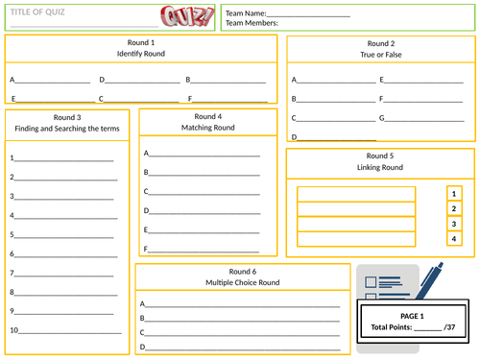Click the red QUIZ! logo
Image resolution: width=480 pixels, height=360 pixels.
click(x=187, y=16)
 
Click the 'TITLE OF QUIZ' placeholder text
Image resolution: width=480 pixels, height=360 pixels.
click(x=37, y=12)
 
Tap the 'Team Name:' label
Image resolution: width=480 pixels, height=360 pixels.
click(x=246, y=13)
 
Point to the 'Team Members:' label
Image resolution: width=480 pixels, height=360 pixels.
click(x=252, y=23)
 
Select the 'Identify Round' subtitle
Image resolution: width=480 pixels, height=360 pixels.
click(x=141, y=54)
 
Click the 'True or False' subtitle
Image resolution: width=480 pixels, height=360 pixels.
click(x=381, y=55)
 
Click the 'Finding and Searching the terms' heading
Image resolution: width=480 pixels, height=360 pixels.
click(x=67, y=129)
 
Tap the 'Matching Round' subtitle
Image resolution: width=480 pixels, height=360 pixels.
click(x=208, y=128)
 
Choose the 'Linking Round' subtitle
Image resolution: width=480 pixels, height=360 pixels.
click(x=380, y=167)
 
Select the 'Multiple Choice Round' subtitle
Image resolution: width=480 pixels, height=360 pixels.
click(x=243, y=282)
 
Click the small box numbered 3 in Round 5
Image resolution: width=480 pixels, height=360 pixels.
click(x=454, y=224)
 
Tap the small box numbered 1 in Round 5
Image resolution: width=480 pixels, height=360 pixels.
click(x=454, y=194)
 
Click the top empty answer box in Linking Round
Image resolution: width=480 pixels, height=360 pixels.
click(x=356, y=194)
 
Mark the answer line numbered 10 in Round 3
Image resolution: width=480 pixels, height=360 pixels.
click(x=70, y=333)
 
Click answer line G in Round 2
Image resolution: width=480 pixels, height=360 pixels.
click(x=424, y=121)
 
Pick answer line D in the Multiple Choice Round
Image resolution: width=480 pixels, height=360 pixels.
click(x=243, y=349)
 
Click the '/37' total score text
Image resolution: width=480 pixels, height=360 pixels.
click(x=449, y=327)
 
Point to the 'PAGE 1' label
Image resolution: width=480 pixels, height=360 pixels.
click(x=412, y=316)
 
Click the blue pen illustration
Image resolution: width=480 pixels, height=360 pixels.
click(x=430, y=281)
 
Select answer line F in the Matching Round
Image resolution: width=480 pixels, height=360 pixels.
click(x=204, y=252)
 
